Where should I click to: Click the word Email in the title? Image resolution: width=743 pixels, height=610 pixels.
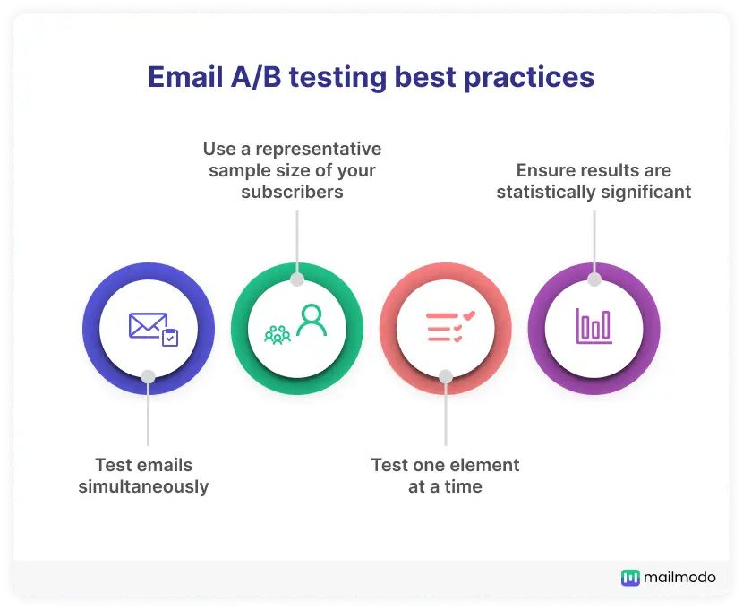tap(185, 77)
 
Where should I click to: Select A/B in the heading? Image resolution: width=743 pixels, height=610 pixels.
tap(256, 77)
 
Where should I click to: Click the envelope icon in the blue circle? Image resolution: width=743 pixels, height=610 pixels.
tap(149, 326)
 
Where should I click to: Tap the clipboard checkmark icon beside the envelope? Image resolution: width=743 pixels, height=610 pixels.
tap(170, 338)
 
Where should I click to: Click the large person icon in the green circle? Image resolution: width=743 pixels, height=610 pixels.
tap(312, 320)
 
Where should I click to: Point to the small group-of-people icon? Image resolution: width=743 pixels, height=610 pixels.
tap(278, 335)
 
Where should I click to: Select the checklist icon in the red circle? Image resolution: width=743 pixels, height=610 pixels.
tap(450, 327)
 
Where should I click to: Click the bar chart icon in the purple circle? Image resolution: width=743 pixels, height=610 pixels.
tap(594, 326)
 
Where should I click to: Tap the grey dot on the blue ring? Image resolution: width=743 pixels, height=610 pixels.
tap(149, 377)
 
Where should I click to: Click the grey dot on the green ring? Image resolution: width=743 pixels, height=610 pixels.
tap(297, 279)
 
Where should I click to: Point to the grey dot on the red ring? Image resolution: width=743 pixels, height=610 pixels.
tap(446, 377)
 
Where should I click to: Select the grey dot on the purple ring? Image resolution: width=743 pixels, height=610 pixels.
tap(594, 279)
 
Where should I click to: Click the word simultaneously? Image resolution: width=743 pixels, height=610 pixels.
tap(143, 486)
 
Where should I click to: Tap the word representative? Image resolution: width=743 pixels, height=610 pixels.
tap(319, 150)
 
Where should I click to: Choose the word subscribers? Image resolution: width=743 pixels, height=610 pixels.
tap(293, 192)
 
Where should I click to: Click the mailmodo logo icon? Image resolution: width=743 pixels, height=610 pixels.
tap(630, 578)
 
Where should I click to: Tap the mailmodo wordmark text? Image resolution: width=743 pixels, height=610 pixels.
tap(680, 577)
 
